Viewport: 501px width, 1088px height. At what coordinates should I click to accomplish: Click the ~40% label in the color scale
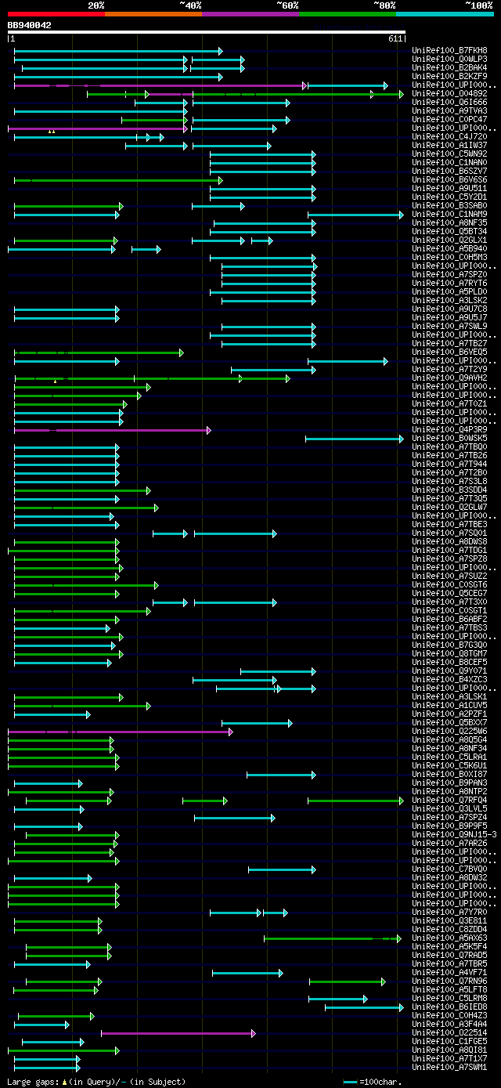190,5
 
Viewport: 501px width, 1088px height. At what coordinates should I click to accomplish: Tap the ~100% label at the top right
478,5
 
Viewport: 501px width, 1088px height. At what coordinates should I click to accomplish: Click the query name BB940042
29,25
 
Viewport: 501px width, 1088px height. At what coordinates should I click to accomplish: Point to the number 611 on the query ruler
395,38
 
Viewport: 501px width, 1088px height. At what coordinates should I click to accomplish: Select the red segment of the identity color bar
56,14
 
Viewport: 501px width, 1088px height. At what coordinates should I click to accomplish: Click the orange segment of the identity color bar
153,14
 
